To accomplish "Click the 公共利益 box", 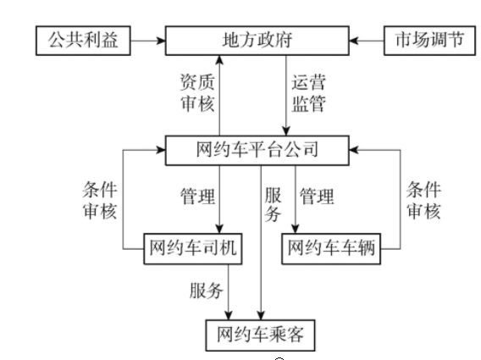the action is coord(83,41).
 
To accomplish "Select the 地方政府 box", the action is coord(257,41).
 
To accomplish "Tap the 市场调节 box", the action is coord(429,41).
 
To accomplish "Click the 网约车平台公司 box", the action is coord(257,150).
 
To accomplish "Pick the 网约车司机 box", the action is coord(193,248).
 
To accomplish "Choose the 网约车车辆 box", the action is coord(331,248).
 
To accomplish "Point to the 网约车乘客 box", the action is coord(261,335).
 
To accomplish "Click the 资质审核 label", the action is coord(197,92).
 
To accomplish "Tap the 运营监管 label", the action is coord(308,93).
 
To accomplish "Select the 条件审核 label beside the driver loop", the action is coord(100,201).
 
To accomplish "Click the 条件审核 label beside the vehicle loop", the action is coord(423,201).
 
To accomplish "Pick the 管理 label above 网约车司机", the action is coord(197,197).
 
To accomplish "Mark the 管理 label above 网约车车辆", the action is coord(317,197).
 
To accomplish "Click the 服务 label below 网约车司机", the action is coord(206,291).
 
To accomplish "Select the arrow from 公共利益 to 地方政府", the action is coord(148,41).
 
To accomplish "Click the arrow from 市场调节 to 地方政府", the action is coord(367,41).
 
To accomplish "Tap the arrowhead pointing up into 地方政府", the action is coord(219,59).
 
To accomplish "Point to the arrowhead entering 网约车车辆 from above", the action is coord(296,229).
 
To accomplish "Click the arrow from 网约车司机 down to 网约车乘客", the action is coord(229,292).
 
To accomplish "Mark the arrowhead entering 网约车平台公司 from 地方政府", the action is coord(286,131).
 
